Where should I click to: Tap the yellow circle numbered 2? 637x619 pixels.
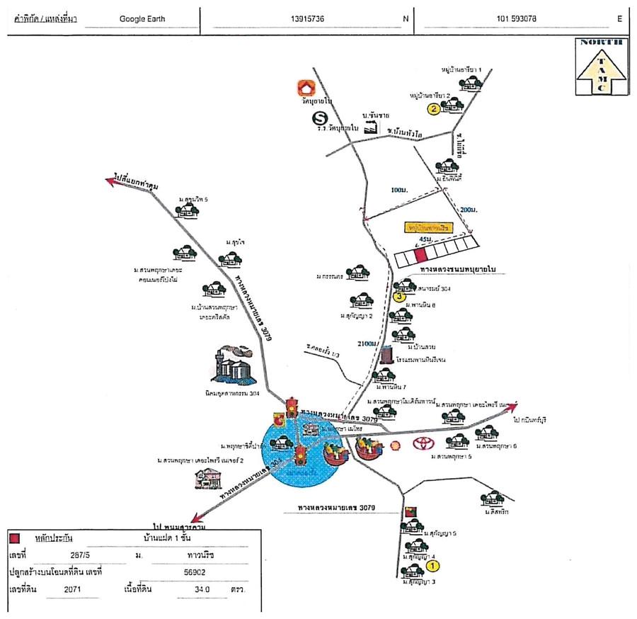[x=432, y=109]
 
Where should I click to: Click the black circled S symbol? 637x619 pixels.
[x=321, y=119]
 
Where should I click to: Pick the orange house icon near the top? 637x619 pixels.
[x=306, y=89]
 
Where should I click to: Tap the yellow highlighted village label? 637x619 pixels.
[x=427, y=227]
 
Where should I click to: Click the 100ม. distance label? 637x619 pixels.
[x=400, y=191]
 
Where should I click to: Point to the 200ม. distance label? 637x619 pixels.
[x=469, y=210]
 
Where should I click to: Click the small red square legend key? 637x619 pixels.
[x=14, y=538]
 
